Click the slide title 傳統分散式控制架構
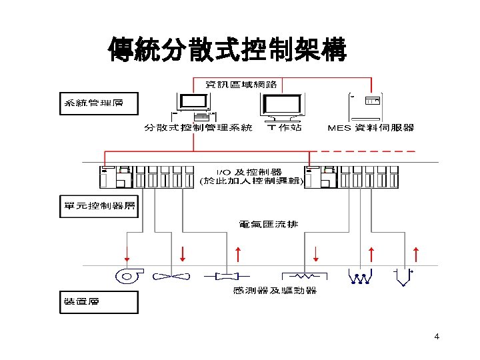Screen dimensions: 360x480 click(227, 49)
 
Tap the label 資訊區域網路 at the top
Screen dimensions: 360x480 click(241, 85)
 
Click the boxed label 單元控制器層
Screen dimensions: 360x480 click(99, 206)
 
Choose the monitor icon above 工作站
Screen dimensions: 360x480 click(283, 106)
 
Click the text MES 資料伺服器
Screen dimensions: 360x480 click(372, 127)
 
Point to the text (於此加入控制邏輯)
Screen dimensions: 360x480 click(253, 181)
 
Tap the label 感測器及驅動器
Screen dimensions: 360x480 click(275, 290)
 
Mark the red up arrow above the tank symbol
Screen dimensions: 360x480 click(417, 254)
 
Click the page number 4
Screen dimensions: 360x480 click(436, 337)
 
